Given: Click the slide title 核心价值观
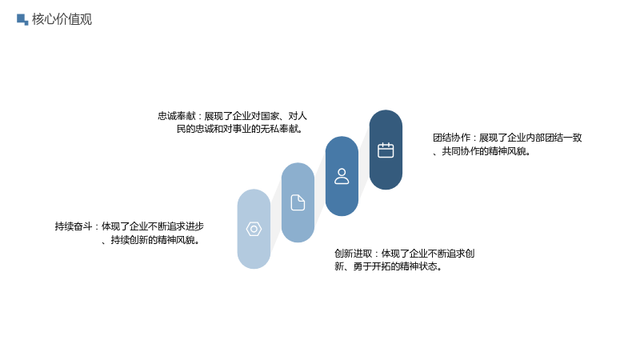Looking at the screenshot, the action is (62, 19).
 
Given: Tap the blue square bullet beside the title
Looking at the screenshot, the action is (22, 19).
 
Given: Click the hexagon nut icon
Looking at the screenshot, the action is (254, 229).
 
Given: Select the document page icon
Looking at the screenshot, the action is (298, 202).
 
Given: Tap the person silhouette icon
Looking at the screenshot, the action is (342, 176).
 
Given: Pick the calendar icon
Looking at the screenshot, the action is (386, 150).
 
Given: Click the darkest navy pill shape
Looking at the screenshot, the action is (386, 150).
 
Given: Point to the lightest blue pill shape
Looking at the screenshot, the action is (254, 229).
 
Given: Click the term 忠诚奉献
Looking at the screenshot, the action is (177, 116).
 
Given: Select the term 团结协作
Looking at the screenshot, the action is (451, 138).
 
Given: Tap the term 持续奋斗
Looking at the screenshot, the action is (74, 226).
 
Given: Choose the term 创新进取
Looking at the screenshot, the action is (354, 254).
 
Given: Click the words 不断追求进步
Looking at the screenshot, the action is (176, 226).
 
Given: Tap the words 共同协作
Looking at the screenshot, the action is (461, 151).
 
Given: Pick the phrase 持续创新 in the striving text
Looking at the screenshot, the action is (130, 240).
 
